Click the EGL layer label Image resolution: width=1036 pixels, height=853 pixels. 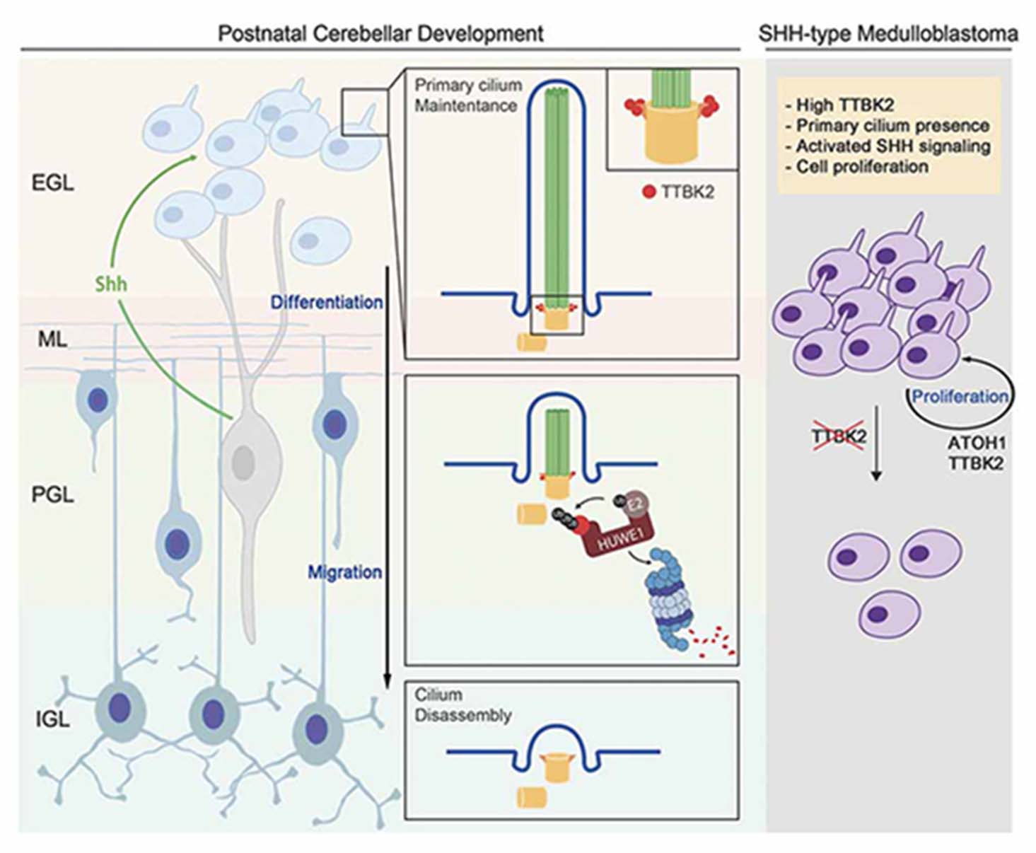(52, 183)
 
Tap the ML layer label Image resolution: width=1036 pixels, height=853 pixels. (52, 340)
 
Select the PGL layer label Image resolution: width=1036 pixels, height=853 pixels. (52, 494)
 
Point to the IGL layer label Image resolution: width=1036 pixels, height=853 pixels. (52, 719)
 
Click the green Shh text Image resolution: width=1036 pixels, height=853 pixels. (111, 284)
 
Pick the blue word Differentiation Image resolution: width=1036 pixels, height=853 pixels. (327, 302)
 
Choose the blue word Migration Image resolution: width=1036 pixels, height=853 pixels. (344, 571)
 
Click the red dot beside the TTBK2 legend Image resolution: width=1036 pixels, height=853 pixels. (648, 192)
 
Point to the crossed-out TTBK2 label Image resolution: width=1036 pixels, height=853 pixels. (838, 436)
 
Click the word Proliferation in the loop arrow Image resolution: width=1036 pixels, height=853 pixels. (960, 396)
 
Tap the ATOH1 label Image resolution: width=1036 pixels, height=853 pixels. (977, 443)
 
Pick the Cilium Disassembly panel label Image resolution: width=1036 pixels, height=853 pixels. (463, 704)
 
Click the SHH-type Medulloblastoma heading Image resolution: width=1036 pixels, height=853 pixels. (888, 33)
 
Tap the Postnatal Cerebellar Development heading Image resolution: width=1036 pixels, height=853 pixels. (380, 33)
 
